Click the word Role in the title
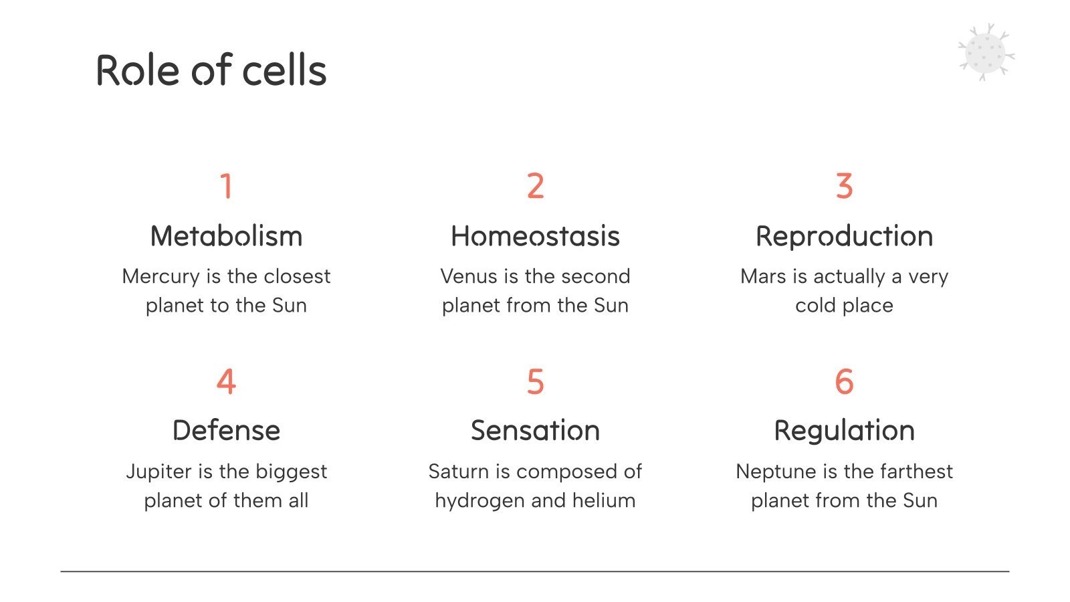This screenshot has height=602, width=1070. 138,71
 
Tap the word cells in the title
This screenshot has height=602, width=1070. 284,71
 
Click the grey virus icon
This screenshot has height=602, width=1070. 986,53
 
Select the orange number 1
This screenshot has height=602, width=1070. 226,186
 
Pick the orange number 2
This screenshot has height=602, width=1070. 535,186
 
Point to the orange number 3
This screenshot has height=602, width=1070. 844,186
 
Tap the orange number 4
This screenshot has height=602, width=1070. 226,382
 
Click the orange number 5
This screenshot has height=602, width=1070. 535,382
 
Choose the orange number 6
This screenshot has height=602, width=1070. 844,382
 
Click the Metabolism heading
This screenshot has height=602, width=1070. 226,236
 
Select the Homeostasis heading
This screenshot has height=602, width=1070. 535,236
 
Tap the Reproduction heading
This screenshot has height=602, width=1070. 844,236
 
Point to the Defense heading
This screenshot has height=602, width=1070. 226,430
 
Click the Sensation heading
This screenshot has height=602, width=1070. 535,430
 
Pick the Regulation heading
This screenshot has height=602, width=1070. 844,430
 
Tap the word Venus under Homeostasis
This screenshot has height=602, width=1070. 469,276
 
